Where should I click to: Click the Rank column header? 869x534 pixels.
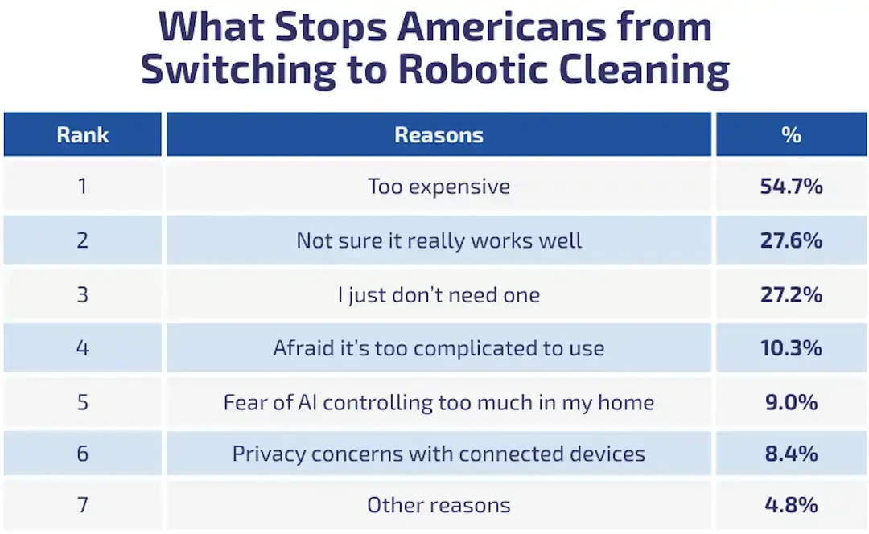click(82, 134)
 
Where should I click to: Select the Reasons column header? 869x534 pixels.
click(439, 134)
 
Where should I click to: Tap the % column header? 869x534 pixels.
click(791, 134)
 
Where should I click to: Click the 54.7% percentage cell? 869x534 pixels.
click(791, 187)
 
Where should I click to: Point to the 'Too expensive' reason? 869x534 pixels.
click(439, 187)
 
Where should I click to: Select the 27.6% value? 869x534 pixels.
click(791, 240)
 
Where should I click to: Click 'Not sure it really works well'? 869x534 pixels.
click(439, 240)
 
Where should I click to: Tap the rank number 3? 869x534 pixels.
click(82, 294)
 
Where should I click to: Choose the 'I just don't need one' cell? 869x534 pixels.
click(439, 294)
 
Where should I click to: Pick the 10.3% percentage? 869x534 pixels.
click(791, 348)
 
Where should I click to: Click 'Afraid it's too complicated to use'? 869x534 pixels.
click(439, 348)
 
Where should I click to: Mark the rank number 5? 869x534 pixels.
click(82, 401)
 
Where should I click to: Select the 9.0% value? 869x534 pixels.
click(791, 401)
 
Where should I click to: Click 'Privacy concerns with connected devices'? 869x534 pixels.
click(439, 454)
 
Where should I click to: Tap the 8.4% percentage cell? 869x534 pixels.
click(791, 454)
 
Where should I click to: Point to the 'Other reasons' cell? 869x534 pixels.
click(439, 505)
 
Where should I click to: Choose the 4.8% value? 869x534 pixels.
click(791, 505)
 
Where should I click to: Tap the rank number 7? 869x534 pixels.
click(82, 505)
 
